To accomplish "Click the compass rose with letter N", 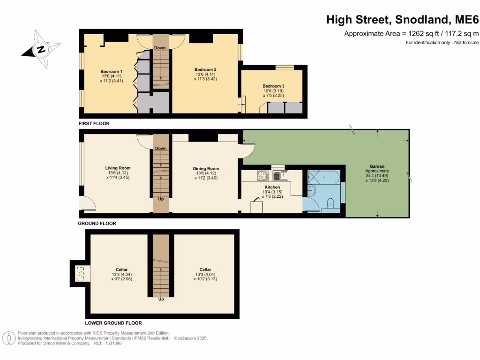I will click(41, 49).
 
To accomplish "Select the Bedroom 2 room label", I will click(205, 69).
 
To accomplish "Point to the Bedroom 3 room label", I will click(273, 86).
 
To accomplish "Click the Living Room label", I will click(118, 168).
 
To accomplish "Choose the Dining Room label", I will click(206, 169).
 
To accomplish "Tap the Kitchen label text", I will click(272, 187).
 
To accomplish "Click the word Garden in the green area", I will click(377, 166).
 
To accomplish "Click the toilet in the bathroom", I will click(331, 202).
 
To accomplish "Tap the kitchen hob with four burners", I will click(262, 176).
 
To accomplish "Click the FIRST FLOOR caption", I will click(94, 124).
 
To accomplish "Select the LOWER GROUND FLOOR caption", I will click(113, 323).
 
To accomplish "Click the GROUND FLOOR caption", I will click(97, 224).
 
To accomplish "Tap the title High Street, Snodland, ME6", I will click(403, 20).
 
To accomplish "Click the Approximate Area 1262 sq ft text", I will click(411, 33).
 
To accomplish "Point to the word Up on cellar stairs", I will click(161, 299).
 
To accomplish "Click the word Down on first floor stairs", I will click(160, 48).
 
